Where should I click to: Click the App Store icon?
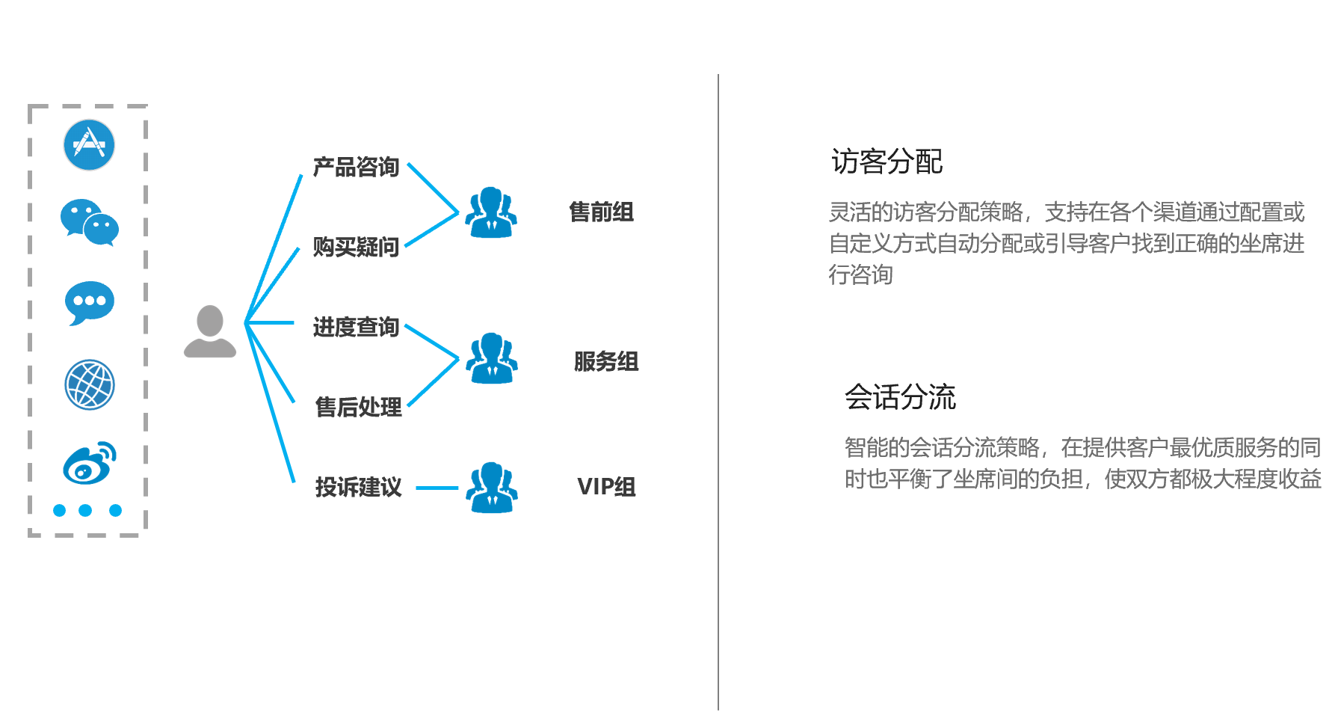[x=89, y=145]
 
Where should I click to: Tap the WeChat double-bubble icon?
[x=90, y=222]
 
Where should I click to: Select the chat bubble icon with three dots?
[x=90, y=302]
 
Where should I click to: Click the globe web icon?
[x=90, y=384]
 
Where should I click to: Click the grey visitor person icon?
[x=210, y=331]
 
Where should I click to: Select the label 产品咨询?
[x=356, y=167]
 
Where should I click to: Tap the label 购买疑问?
[x=356, y=247]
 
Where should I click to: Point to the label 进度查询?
[x=356, y=327]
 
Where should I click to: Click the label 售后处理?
[x=358, y=407]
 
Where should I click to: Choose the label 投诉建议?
[x=358, y=487]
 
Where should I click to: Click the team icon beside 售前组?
[x=491, y=212]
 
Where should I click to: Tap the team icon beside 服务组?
[x=491, y=358]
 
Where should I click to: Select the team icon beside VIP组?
[x=491, y=488]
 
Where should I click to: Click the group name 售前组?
[x=601, y=212]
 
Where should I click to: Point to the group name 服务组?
[x=605, y=362]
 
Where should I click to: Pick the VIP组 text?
[x=606, y=487]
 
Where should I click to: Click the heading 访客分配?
[x=887, y=162]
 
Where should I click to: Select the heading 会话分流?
[x=900, y=397]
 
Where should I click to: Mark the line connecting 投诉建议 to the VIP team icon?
[x=437, y=488]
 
